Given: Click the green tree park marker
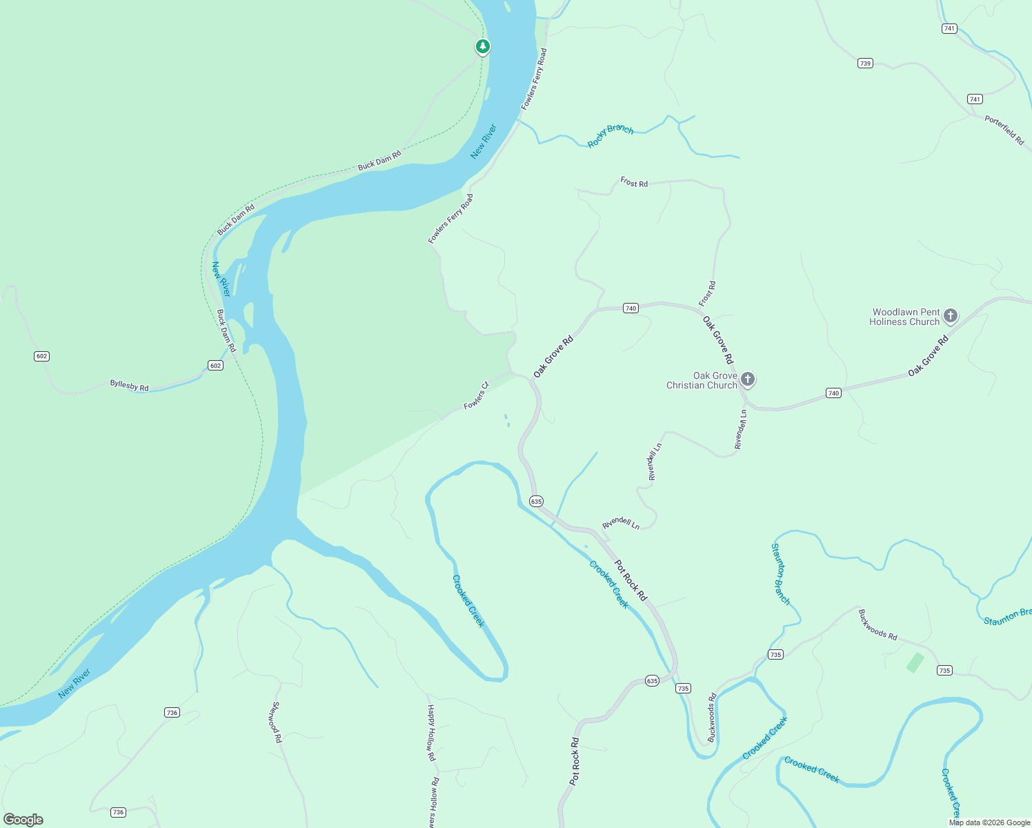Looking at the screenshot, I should [x=483, y=46].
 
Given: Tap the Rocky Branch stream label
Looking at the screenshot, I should [x=611, y=135].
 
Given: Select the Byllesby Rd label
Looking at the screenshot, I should [x=129, y=385].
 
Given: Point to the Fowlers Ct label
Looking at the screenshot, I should [x=476, y=395].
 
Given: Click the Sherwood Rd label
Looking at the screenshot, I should [x=277, y=722].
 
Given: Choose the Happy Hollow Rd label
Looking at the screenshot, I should [x=431, y=733].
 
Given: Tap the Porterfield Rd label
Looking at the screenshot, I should [x=1004, y=130].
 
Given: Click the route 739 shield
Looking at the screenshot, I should [x=865, y=63].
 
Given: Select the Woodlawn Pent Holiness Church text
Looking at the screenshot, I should [x=905, y=317].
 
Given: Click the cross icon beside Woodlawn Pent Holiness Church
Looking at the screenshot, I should [x=951, y=316].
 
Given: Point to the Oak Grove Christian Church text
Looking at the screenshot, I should [x=702, y=380].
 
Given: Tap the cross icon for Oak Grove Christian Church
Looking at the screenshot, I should [x=747, y=379].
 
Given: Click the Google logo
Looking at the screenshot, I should [x=23, y=820].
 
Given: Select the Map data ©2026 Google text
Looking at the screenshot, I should [x=989, y=822].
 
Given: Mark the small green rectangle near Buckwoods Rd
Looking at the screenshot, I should [x=915, y=662].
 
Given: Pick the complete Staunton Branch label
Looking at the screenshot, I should [x=780, y=574].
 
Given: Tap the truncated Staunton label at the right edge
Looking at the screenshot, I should [x=1007, y=616].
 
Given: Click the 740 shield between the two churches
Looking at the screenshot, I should [x=833, y=393].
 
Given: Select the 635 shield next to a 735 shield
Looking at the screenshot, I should [x=652, y=681].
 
